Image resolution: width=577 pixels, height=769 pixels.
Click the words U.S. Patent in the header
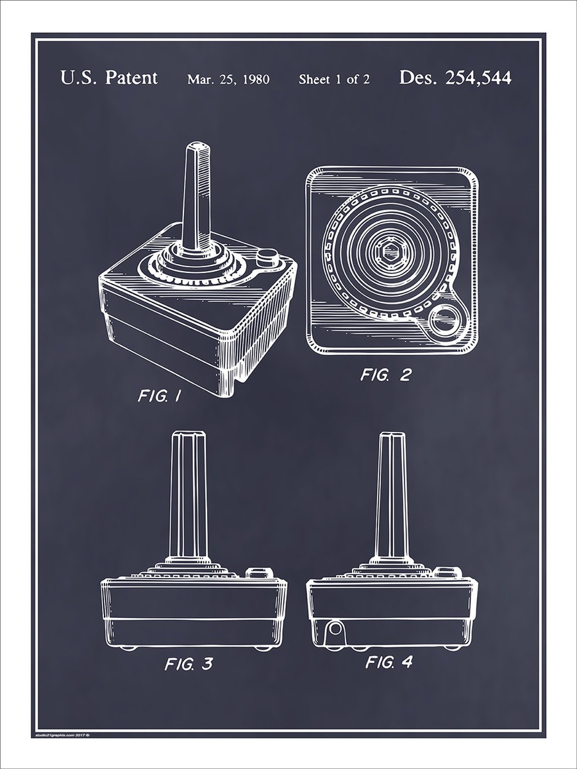108,78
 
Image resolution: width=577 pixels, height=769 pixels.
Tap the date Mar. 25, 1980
228,79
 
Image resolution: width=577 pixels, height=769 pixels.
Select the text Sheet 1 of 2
333,79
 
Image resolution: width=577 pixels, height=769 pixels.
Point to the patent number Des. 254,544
455,78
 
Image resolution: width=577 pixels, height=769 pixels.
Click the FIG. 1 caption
159,396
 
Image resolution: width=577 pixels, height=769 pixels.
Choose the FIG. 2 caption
385,375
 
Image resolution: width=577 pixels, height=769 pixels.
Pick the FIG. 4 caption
389,662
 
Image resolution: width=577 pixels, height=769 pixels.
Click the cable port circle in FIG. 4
333,631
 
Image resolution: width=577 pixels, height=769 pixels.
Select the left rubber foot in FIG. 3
128,647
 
